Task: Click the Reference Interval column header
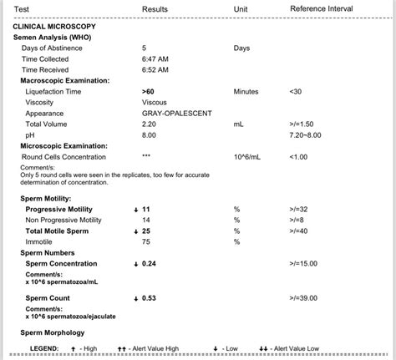click(321, 8)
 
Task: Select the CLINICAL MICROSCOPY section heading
click(54, 27)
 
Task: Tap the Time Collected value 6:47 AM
click(155, 59)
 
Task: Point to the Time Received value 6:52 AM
click(155, 70)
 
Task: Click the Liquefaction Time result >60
click(148, 91)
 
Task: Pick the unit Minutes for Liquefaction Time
click(246, 91)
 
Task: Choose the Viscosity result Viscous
click(155, 102)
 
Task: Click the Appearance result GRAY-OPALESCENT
click(177, 113)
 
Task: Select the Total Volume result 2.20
click(150, 124)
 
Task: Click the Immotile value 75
click(146, 241)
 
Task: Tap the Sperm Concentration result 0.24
click(150, 263)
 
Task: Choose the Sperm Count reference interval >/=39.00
click(306, 297)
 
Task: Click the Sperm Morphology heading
click(53, 332)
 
